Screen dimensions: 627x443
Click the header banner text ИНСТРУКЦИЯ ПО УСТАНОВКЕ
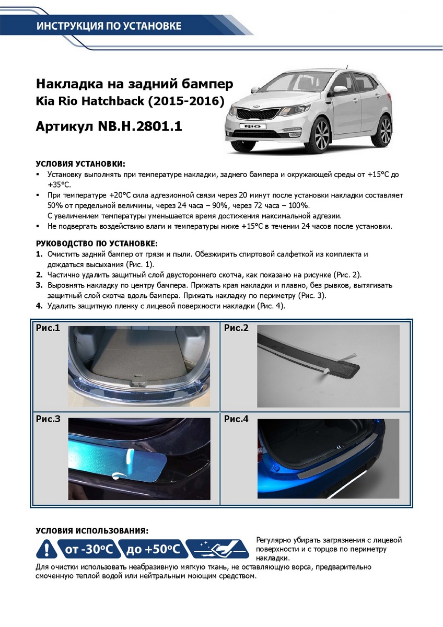coord(109,26)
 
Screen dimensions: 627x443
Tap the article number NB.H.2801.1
coord(139,126)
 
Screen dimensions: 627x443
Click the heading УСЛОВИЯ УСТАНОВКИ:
coord(80,164)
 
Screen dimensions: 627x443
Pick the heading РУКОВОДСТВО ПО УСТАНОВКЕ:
coord(97,244)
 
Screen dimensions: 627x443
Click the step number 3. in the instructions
coord(39,286)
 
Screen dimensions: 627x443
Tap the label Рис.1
coord(48,328)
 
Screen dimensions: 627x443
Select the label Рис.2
coord(236,328)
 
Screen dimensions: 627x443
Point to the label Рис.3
coord(48,419)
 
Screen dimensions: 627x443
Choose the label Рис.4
coord(236,419)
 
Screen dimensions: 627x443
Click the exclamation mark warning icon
coord(46,549)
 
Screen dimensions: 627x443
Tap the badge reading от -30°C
coord(89,549)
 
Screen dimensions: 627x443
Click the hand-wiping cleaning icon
coord(218,549)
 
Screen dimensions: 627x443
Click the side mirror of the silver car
coord(340,89)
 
